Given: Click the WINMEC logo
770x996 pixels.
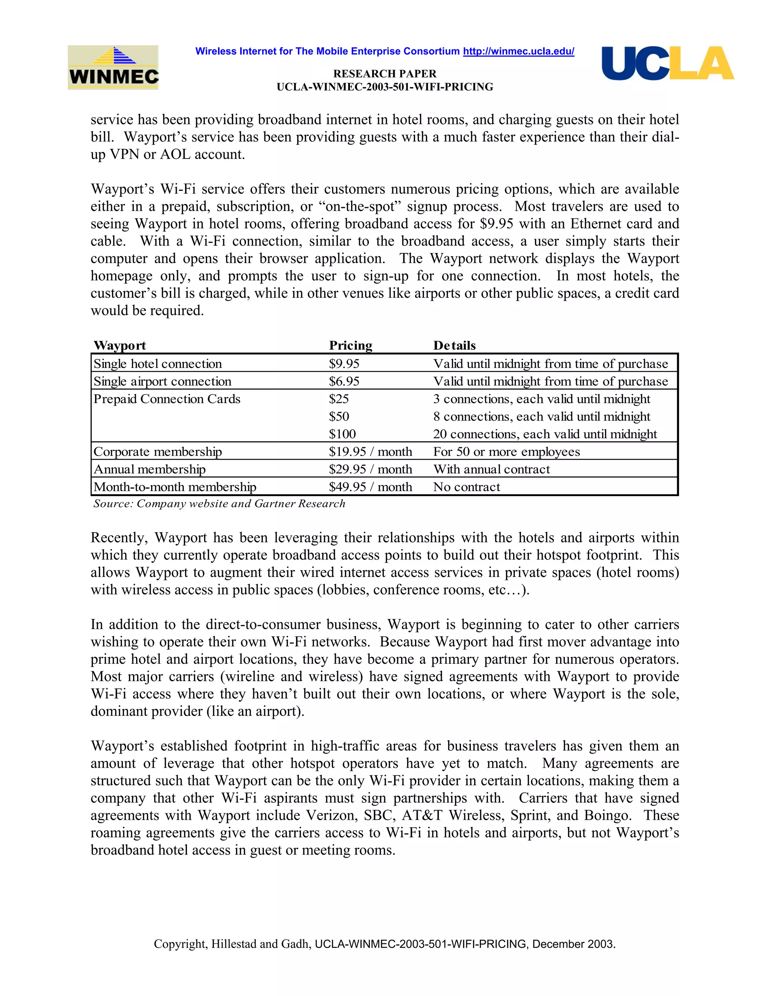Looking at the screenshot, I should (113, 68).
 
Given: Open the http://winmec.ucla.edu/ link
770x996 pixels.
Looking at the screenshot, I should (518, 51).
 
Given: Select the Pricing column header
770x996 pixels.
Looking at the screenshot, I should (350, 345).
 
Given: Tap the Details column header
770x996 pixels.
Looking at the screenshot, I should (454, 345).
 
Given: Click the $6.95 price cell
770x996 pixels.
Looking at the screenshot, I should (344, 381).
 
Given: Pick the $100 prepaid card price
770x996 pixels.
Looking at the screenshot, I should (342, 434).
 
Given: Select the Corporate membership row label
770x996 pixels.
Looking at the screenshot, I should (158, 451).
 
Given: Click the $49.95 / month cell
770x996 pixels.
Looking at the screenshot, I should (370, 487).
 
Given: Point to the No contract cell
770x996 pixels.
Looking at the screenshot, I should (466, 487).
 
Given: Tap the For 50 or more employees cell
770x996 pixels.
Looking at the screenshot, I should (506, 451).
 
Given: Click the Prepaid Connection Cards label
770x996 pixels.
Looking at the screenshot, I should (167, 399).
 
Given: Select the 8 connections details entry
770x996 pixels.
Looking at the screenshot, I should (541, 416).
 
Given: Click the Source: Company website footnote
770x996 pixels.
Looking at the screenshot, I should (219, 504).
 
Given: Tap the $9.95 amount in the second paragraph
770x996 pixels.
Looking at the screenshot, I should (496, 224).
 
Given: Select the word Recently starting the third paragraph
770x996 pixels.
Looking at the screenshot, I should (119, 538).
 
